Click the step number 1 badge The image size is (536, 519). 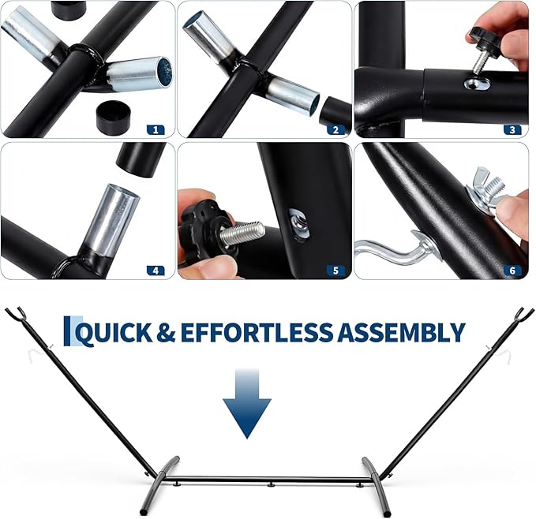click(x=156, y=129)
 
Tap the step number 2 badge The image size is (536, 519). click(x=335, y=129)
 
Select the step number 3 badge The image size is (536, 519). click(x=512, y=129)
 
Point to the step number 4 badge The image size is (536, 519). click(x=156, y=271)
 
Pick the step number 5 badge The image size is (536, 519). click(x=335, y=271)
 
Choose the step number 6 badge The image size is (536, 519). click(x=512, y=271)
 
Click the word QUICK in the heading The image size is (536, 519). click(x=114, y=333)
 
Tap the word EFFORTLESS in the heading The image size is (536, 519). click(x=257, y=332)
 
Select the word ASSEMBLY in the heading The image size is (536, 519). click(x=401, y=332)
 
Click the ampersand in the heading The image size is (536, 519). click(x=166, y=333)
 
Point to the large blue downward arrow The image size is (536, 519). click(x=247, y=404)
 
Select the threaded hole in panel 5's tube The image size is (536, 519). click(x=300, y=223)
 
